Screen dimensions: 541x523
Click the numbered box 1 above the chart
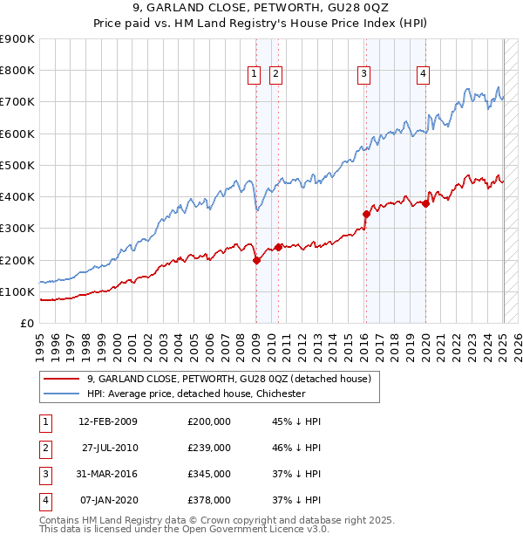[x=254, y=75]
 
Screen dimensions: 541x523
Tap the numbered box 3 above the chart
[x=363, y=75]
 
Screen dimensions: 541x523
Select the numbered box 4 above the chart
[x=422, y=75]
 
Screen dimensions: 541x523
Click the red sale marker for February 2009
[x=256, y=260]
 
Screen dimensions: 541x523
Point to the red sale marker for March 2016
[x=366, y=214]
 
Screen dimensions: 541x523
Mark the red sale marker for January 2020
[x=425, y=203]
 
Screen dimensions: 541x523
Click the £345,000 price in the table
[x=209, y=474]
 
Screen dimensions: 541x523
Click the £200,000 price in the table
[x=209, y=421]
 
